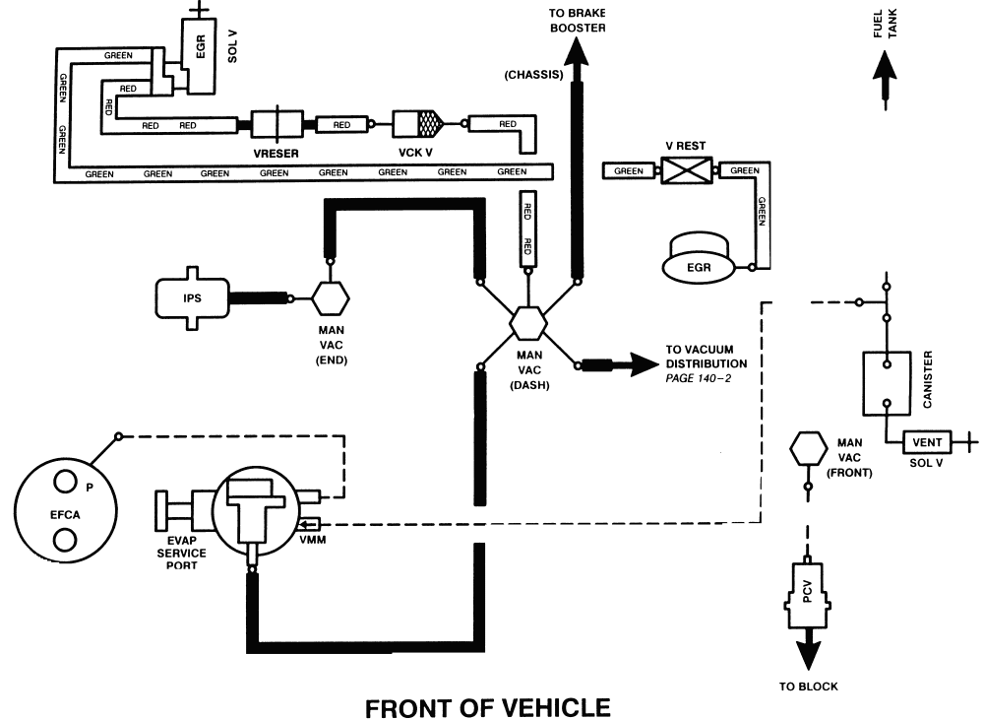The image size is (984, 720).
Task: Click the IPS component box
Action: [192, 297]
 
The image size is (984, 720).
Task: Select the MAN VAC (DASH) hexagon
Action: [527, 324]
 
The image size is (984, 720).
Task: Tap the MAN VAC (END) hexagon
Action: [331, 297]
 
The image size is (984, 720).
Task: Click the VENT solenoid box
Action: [927, 442]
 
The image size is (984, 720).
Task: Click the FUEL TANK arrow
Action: [884, 75]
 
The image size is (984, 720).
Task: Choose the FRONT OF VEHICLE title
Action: [488, 707]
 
